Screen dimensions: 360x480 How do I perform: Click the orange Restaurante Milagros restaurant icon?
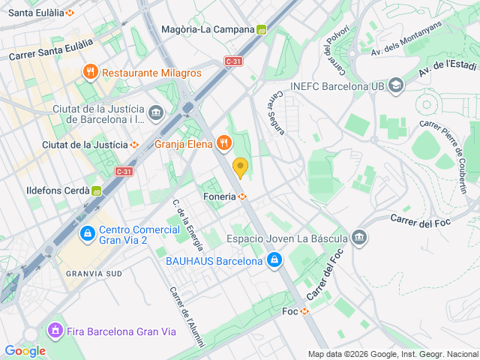pos(90,73)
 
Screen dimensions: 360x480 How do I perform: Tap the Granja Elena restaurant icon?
pos(223,142)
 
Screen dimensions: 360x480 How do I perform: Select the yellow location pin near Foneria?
pos(240,167)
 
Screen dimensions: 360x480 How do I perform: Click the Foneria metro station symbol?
pos(243,197)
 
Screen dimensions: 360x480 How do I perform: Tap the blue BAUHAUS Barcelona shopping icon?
pos(275,261)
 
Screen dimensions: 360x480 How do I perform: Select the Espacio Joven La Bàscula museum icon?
pos(359,238)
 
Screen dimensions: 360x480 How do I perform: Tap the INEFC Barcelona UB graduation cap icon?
pos(397,86)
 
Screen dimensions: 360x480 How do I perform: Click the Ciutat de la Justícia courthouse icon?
pos(156,114)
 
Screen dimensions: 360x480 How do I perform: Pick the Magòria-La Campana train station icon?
pos(261,30)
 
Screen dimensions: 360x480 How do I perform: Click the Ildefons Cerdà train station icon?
pos(97,190)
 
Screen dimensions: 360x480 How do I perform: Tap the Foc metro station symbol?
pos(304,311)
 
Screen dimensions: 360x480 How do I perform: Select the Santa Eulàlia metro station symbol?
pos(70,13)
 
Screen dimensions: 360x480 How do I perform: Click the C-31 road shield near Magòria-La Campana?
pos(233,62)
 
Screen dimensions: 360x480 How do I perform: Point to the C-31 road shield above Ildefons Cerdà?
pos(124,172)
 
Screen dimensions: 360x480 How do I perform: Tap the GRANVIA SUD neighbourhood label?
pos(93,274)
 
